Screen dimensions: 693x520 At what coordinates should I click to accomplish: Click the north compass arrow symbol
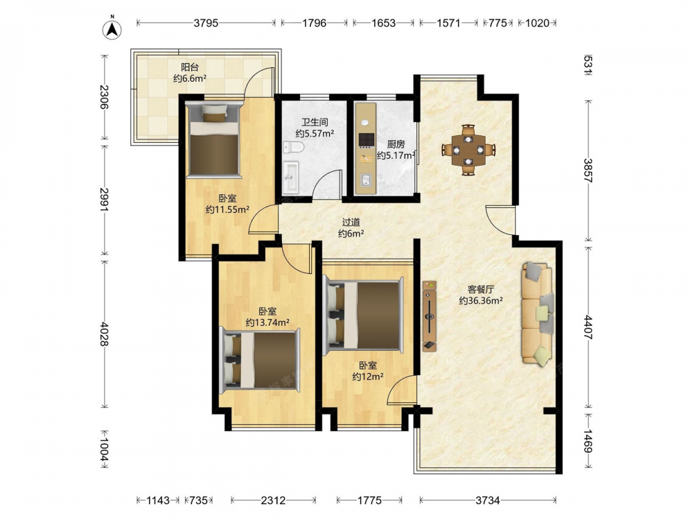coord(112,28)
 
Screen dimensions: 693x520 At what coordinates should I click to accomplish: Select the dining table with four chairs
coord(468,150)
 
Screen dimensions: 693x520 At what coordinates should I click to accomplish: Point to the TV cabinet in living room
coord(430,316)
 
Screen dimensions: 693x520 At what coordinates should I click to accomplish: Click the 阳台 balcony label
coord(190,67)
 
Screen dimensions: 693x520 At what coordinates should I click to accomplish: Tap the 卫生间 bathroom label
coord(315,122)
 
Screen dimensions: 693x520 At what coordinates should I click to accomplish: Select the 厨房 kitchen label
coord(396,144)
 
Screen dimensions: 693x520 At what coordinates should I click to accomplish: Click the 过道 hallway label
coord(351,223)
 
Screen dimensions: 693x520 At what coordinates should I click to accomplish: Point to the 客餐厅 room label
coord(481,290)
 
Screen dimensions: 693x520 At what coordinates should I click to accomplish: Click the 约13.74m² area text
coord(267,322)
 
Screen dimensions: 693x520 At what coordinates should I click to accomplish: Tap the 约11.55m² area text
coord(227,209)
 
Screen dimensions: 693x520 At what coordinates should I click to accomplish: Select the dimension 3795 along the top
coord(206,23)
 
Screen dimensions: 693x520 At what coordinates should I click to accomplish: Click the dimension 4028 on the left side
coord(105,334)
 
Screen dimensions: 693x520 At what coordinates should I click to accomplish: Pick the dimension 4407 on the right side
coord(588,327)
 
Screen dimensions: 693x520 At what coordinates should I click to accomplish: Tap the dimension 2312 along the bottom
coord(273,500)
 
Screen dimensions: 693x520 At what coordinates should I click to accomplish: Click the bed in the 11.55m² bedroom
coord(214,140)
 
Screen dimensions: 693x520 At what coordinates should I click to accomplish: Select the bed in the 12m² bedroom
coord(364,316)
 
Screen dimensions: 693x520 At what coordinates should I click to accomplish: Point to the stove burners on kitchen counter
coord(367,141)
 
